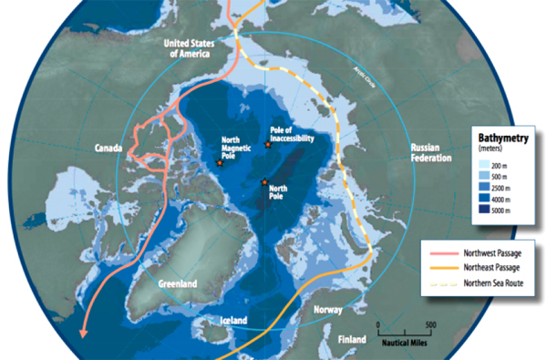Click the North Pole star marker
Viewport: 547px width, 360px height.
264,181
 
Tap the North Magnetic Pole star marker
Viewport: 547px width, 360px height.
220,163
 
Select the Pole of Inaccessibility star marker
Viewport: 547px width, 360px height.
266,145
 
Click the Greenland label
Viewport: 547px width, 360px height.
179,283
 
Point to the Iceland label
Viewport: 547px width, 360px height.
234,321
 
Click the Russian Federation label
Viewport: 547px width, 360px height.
432,152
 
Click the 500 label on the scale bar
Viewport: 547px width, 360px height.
431,324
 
